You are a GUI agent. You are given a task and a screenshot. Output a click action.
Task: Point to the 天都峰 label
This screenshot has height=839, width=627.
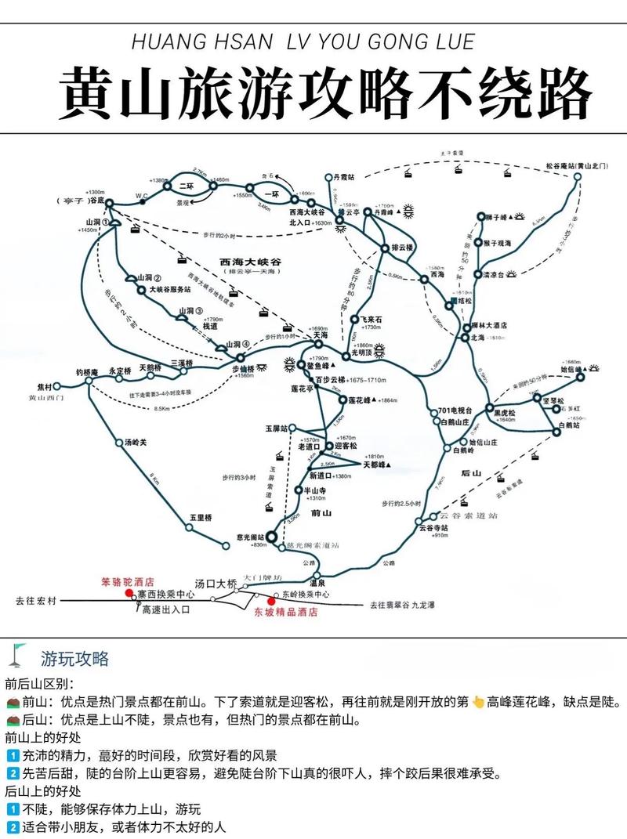pos(376,465)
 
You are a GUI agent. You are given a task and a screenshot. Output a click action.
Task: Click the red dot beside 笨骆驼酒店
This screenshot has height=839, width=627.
pos(131,594)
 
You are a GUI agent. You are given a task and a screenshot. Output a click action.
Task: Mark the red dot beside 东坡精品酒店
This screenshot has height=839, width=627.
pos(272,602)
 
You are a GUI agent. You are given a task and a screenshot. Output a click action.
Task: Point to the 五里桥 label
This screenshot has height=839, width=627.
pos(201,518)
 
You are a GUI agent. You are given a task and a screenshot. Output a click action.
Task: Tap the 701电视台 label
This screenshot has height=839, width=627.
pos(455,411)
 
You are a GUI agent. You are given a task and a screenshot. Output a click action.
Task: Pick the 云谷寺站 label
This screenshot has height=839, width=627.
pos(432,528)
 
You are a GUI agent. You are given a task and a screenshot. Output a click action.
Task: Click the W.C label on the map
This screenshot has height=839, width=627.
pos(142,194)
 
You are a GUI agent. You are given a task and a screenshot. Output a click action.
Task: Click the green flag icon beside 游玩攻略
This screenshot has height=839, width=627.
pos(19,653)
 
